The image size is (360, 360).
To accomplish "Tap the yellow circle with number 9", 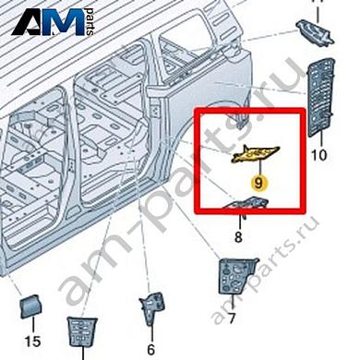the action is coord(258,183).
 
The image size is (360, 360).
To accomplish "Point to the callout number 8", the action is coord(239,237).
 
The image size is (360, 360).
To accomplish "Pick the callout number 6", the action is coord(150,349).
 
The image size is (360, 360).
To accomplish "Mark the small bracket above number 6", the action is coord(150,310).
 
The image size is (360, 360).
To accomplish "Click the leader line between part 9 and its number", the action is coord(258,169).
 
